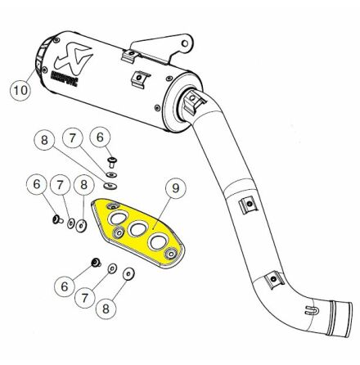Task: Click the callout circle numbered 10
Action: [20, 89]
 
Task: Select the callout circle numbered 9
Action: [176, 187]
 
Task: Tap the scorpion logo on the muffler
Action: [74, 56]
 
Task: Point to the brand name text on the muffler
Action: [65, 77]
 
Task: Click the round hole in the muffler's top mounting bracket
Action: [185, 43]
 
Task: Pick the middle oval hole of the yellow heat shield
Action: [137, 228]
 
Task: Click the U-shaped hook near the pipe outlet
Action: [310, 310]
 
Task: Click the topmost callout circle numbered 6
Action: [100, 137]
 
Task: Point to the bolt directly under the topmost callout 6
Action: [112, 162]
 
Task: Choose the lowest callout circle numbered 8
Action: [106, 309]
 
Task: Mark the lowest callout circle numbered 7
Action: [85, 298]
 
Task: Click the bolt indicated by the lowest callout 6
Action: [96, 263]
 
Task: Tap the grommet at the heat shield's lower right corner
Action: [171, 254]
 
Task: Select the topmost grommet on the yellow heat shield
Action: [114, 206]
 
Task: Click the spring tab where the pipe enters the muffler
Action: [194, 101]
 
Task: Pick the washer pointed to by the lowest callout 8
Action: [128, 274]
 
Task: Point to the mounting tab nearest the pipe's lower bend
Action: [274, 278]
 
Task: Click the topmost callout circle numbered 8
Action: [44, 140]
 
